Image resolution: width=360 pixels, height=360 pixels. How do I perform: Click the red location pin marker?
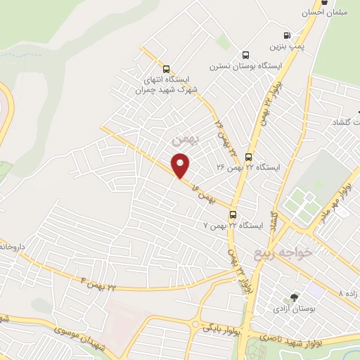(x=181, y=165)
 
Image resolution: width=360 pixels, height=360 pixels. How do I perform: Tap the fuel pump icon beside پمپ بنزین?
(x=286, y=35)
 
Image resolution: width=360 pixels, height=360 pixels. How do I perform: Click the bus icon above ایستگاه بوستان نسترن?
(x=245, y=55)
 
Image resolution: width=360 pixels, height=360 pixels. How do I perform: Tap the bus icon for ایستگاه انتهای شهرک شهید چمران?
(x=166, y=69)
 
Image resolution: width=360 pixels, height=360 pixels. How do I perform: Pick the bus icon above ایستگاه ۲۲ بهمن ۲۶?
(x=248, y=156)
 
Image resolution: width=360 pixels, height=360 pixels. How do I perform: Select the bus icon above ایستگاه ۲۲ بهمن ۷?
(x=233, y=215)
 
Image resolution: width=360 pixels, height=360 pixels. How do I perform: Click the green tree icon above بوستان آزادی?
(x=294, y=298)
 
